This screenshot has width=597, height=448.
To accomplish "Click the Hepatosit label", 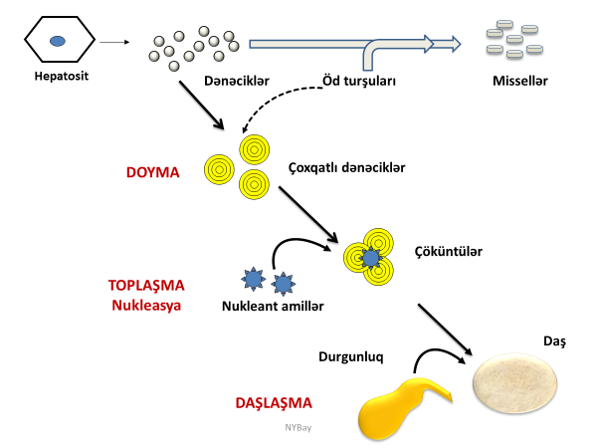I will point(59,76).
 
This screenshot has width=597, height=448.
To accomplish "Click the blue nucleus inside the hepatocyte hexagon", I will point(59,41).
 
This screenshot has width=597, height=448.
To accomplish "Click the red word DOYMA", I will point(152,172).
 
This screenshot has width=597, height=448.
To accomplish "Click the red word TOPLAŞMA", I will point(146,285).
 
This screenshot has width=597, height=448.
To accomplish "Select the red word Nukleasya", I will point(146,305).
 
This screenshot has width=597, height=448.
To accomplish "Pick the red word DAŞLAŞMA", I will point(274,403).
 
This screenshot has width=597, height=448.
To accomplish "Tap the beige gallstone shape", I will point(515,386).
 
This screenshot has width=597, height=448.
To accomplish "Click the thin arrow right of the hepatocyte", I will point(115,42).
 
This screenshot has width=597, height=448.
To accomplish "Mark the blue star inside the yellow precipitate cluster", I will point(370,258).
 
